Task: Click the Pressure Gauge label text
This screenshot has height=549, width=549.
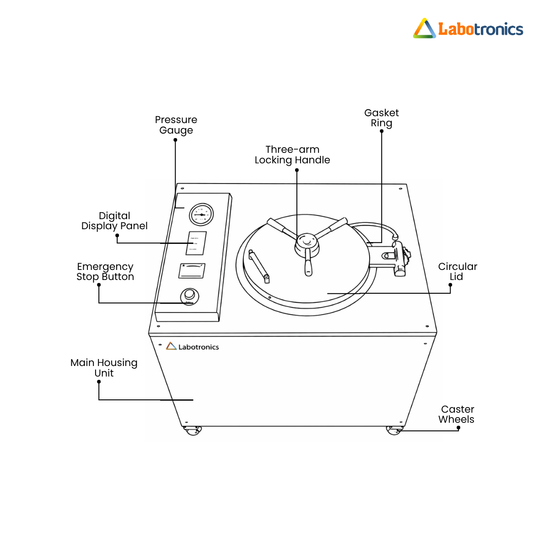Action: pos(176,125)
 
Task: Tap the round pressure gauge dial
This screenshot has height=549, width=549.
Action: pos(201,215)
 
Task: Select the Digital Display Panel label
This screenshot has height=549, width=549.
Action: pos(114,221)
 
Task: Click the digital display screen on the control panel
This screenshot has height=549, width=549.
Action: pos(196,243)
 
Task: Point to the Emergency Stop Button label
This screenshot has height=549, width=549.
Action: pos(105,271)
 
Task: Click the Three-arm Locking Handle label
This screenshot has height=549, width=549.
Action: pos(292,155)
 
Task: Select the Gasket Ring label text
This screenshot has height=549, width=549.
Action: pos(382,118)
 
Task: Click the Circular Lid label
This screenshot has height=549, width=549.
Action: pos(457,271)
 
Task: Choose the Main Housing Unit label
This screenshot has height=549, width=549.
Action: pos(104,368)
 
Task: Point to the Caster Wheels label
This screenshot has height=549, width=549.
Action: pos(457,414)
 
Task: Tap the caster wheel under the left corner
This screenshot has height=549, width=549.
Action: pos(193,430)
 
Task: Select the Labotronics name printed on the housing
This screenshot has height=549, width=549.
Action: pos(193,347)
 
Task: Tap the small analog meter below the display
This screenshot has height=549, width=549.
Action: pos(192,271)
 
